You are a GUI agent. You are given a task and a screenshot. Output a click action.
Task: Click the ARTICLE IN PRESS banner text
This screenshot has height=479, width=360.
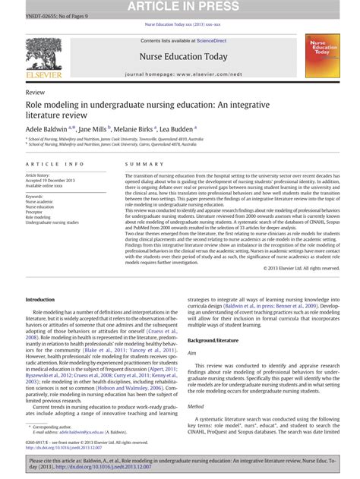179,7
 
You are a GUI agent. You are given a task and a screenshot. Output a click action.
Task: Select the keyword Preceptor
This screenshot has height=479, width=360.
38,212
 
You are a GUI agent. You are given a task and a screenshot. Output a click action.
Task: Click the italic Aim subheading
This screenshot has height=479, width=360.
192,354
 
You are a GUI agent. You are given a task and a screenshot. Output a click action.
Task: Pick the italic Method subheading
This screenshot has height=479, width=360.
196,406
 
